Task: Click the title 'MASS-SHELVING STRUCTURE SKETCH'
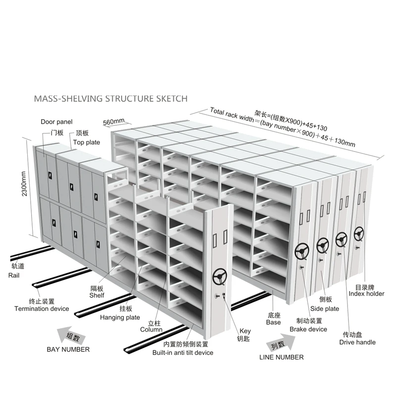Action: (x=110, y=98)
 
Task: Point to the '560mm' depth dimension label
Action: (x=113, y=122)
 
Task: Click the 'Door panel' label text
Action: (x=56, y=122)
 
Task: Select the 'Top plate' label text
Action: (x=87, y=143)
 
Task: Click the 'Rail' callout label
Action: (x=14, y=275)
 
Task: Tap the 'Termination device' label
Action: (x=42, y=308)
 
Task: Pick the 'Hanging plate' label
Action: (x=120, y=317)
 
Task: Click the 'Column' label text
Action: (x=151, y=329)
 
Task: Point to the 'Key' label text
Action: (x=245, y=331)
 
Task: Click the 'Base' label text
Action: (x=273, y=322)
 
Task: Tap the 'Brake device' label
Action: (x=308, y=329)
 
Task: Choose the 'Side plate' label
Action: (x=325, y=308)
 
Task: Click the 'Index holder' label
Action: (x=366, y=294)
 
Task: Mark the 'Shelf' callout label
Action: (x=97, y=296)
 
